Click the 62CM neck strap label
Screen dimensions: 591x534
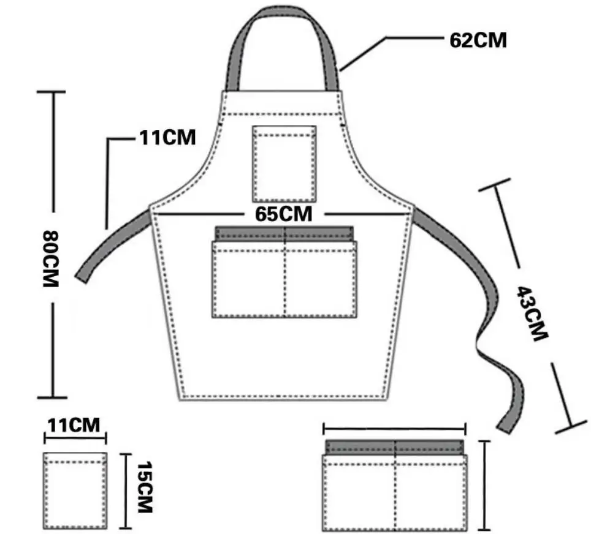tap(478, 40)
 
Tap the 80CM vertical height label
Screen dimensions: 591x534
tap(51, 258)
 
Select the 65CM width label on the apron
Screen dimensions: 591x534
tap(283, 214)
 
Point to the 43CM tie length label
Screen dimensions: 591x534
tap(532, 314)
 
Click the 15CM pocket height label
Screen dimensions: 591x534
tap(145, 487)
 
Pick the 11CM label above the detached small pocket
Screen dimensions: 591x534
tap(74, 425)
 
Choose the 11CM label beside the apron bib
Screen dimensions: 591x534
tap(168, 137)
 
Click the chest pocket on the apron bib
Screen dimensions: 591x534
tap(284, 164)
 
